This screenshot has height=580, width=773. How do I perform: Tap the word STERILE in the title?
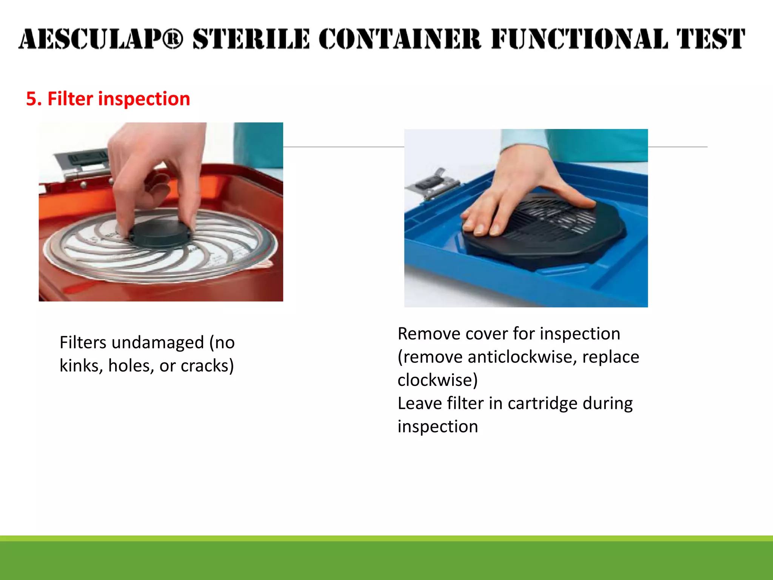pos(251,39)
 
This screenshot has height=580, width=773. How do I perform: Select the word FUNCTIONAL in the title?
pos(579,39)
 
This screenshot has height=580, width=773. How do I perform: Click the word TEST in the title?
pos(710,39)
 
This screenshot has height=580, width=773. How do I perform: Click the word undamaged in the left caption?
pos(158,343)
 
